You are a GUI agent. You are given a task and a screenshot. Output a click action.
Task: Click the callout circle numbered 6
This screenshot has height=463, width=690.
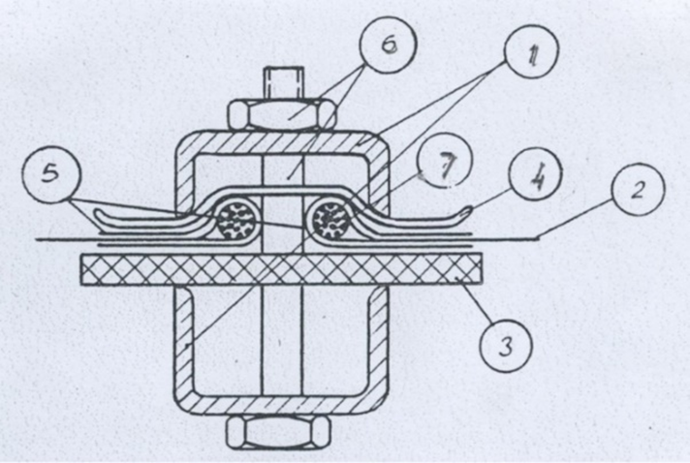click(x=388, y=45)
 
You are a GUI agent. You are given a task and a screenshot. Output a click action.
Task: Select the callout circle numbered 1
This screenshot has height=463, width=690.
click(x=532, y=51)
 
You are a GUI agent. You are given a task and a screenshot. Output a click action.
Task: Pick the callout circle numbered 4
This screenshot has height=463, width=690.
click(x=536, y=174)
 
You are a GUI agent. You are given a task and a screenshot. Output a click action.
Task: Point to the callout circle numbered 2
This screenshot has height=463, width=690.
click(x=638, y=189)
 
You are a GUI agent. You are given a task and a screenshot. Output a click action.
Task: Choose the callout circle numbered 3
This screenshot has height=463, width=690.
click(x=506, y=346)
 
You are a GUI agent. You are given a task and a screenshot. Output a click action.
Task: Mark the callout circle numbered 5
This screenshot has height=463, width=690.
click(x=51, y=174)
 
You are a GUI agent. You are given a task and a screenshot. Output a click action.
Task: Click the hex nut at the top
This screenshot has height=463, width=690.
click(x=282, y=114)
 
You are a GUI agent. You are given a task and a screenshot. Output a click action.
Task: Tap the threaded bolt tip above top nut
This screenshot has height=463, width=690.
click(x=283, y=83)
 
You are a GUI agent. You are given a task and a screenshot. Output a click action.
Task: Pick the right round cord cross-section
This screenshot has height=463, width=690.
click(x=330, y=220)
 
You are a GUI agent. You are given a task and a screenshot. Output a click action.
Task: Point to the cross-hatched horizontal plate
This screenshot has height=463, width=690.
click(x=281, y=269)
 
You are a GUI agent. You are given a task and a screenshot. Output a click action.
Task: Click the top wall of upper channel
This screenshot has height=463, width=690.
click(x=283, y=143)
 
